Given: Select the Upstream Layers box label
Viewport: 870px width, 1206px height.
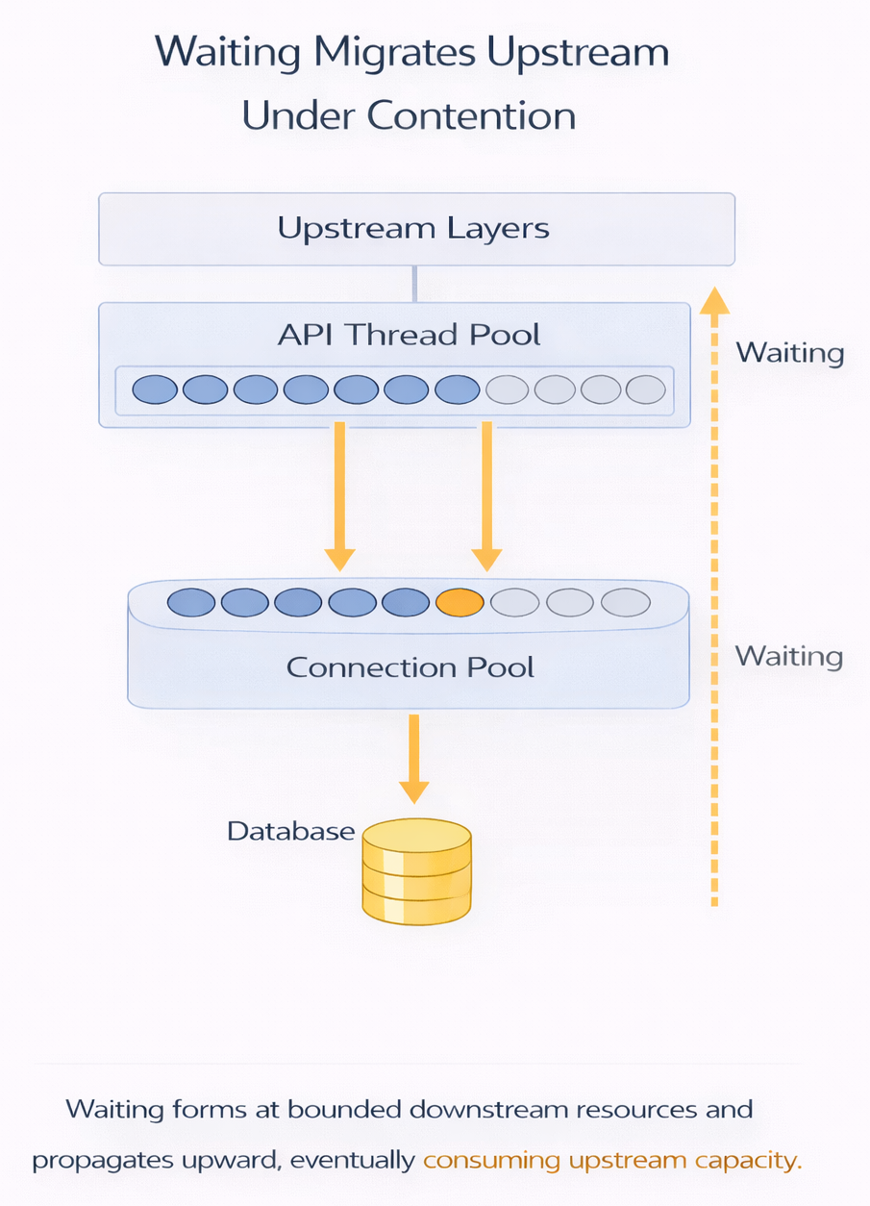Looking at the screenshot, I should coord(413,229).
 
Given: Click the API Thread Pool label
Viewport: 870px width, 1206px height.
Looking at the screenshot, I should coord(409,335).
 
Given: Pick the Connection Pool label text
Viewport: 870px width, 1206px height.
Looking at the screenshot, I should coord(410,666).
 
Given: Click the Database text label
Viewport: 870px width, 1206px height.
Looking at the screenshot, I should coord(290,831).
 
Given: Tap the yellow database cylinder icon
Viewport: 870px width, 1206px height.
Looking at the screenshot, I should coord(417,870).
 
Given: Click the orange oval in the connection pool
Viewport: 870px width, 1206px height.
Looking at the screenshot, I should coord(460,602).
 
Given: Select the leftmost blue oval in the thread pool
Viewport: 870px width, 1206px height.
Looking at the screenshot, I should coord(155,389).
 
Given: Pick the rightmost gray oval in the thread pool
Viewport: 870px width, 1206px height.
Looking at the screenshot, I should coord(645,389).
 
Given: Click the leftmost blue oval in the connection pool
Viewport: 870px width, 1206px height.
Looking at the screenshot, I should coord(190,602).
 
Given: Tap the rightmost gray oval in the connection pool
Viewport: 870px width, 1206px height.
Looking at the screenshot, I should coord(626,602).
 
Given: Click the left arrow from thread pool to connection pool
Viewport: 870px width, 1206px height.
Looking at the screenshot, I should coord(340,495).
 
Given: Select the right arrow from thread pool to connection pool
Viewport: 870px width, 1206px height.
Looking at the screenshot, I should coord(486,495).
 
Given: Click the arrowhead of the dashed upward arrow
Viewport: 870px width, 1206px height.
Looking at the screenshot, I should coord(713,301).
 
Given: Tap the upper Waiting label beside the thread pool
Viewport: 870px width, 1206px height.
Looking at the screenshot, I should coord(789,353).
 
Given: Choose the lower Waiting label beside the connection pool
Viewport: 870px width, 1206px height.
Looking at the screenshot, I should coord(788,656).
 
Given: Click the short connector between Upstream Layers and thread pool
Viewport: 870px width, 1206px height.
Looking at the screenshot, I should coord(414,284).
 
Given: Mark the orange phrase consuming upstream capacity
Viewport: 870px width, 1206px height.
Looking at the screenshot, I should coord(611,1160).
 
